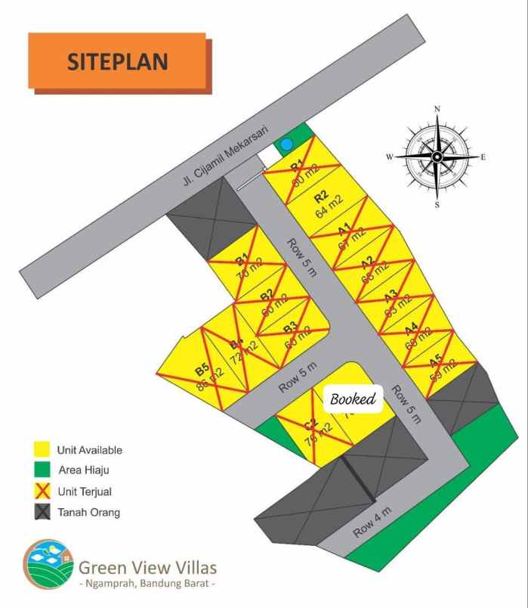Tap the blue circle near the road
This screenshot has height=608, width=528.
(x=286, y=144)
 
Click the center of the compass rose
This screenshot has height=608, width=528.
(x=437, y=157)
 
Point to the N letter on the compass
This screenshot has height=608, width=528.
(x=437, y=109)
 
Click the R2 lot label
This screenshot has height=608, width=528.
(x=320, y=198)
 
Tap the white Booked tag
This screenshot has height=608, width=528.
(x=353, y=399)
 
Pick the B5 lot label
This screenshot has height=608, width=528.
(x=201, y=370)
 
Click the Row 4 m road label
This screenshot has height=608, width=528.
(x=372, y=522)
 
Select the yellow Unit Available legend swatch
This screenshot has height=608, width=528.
(x=42, y=450)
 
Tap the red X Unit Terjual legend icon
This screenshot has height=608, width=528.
(x=42, y=492)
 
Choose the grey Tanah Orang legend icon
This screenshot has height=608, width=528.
(x=42, y=513)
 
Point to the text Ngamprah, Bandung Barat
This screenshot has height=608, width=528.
(x=148, y=585)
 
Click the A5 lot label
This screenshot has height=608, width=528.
(x=436, y=361)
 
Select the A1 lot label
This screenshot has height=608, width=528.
(x=344, y=228)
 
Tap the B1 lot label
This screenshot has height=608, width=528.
(x=242, y=259)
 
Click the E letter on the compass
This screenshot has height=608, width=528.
(x=483, y=157)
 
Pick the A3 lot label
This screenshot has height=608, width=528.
(x=391, y=296)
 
